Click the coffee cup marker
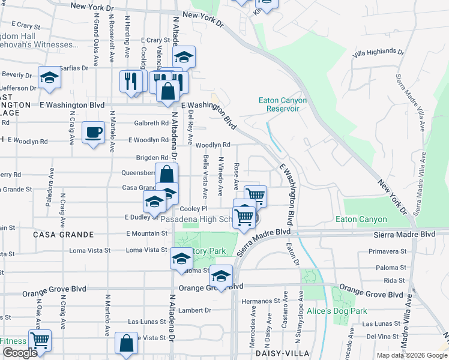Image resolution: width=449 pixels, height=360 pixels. [x=92, y=133]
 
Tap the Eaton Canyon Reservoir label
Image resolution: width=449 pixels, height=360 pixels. [x=283, y=104]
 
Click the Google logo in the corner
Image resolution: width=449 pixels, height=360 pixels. [x=20, y=353]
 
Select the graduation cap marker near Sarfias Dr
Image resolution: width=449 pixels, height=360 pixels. [x=49, y=77]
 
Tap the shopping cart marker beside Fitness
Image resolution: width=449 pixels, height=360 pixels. [x=40, y=341]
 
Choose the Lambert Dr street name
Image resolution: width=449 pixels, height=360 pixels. [x=199, y=310]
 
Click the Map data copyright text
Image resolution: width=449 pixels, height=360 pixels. [x=411, y=355]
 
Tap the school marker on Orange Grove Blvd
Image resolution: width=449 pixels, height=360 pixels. [x=221, y=277]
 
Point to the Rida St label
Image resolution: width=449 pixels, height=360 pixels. [x=394, y=280]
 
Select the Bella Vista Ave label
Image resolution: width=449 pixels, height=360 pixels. [x=205, y=176]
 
